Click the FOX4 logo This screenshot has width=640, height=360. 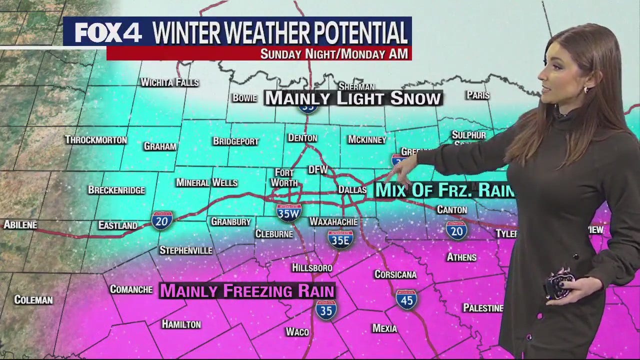(108, 33)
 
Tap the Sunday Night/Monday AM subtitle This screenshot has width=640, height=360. (334, 53)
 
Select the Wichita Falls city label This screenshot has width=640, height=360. (169, 82)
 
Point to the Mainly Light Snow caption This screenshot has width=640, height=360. (353, 98)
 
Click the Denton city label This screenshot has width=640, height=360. (302, 138)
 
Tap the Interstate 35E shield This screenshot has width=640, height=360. (341, 239)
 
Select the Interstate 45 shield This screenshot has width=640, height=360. (406, 299)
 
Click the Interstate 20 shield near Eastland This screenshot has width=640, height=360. (162, 220)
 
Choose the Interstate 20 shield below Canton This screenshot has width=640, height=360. (456, 229)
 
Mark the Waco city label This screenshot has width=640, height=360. (297, 331)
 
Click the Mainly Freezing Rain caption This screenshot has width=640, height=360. (247, 290)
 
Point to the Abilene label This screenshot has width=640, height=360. (20, 225)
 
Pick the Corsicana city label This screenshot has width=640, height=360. (395, 274)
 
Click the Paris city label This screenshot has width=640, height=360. (477, 95)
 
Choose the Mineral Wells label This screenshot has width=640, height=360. (206, 182)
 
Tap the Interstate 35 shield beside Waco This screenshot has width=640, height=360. (326, 309)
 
